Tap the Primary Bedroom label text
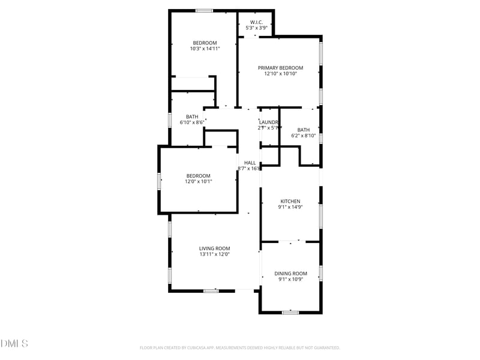tap(280, 68)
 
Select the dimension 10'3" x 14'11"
tap(205, 49)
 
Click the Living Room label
tap(214, 248)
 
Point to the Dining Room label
tap(290, 274)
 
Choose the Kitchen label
tap(290, 202)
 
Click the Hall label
tap(250, 163)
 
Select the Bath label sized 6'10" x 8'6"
tap(192, 117)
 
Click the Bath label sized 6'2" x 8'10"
tap(304, 130)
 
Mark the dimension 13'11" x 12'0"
tap(214, 254)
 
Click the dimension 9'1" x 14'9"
tap(290, 207)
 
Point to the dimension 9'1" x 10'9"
tap(290, 279)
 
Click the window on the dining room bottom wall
tap(290, 312)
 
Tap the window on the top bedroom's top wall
tap(204, 10)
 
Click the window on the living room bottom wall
tap(211, 291)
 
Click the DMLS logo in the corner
tap(14, 343)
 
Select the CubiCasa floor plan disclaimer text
tap(240, 347)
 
